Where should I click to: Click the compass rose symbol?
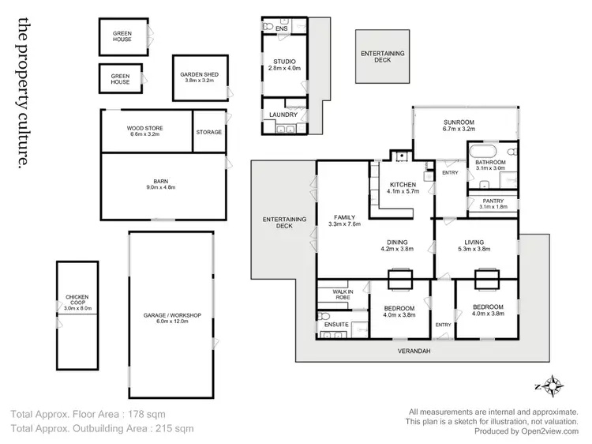(x=551, y=386)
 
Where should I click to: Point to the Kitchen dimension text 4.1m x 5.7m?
(x=403, y=191)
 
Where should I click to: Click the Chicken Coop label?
(x=76, y=302)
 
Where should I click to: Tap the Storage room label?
(x=209, y=132)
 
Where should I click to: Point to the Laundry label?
(x=282, y=115)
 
